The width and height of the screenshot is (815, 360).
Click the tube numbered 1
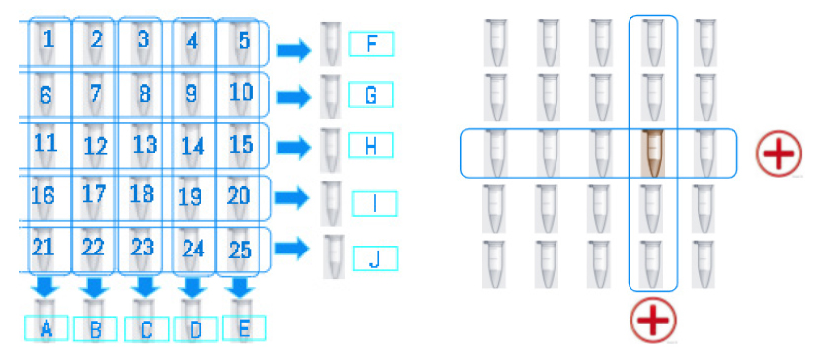coord(47,43)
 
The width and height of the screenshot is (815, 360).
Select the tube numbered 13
coord(144,145)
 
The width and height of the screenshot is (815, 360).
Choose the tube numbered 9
coord(192,95)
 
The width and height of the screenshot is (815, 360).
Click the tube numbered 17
coord(94,194)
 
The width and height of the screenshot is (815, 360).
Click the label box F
coord(371,44)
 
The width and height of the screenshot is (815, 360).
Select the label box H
coord(371,146)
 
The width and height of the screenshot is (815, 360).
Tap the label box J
coord(373,259)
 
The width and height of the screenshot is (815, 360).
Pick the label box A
coord(46,329)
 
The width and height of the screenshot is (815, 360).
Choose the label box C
coord(146,329)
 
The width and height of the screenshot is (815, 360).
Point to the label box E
coord(243,329)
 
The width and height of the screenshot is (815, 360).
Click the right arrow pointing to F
coord(291,48)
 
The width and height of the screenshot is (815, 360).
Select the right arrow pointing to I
coord(291,198)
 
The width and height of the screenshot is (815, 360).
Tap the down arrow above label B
coord(95,289)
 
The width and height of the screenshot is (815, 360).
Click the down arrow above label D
coord(194,289)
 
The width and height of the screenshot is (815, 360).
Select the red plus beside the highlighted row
coord(778,155)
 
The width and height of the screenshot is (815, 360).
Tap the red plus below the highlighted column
coord(653,321)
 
